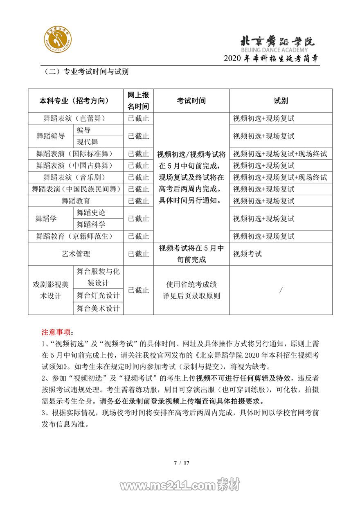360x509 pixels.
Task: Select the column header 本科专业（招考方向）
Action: point(76,101)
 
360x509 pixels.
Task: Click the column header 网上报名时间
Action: point(138,101)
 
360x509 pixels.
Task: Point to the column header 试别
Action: point(281,101)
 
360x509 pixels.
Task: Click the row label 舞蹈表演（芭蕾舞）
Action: point(76,118)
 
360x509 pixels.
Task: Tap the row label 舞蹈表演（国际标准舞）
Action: point(76,154)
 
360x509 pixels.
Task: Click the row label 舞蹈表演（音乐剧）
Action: point(76,177)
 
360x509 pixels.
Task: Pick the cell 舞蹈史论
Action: point(91,212)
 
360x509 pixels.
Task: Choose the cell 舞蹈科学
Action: point(91,224)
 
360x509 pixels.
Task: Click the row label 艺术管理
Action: point(76,254)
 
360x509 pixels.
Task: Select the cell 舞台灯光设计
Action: point(98,295)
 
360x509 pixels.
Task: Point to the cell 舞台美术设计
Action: point(98,308)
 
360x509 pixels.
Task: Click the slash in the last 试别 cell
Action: point(281,290)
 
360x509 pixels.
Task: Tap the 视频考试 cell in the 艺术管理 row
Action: point(248,254)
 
